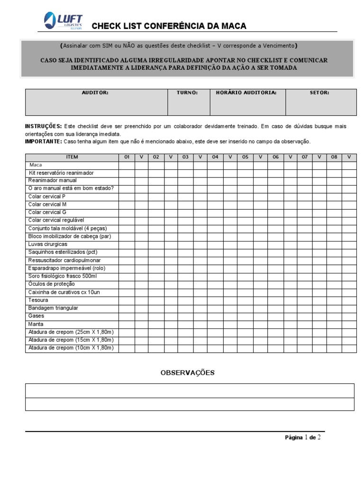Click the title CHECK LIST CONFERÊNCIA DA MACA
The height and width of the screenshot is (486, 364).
click(x=169, y=26)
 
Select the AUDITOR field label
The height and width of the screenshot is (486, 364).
click(x=95, y=93)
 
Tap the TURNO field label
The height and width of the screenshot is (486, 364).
click(x=187, y=93)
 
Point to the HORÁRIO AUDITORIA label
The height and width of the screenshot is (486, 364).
click(x=246, y=93)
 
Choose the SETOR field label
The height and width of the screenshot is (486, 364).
click(x=319, y=93)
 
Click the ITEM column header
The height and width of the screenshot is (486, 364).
click(x=73, y=157)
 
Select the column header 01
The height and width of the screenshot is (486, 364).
click(x=127, y=157)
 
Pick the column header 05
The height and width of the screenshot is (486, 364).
click(x=245, y=157)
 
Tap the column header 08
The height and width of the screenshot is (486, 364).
click(x=334, y=157)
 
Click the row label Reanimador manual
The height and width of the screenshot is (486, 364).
click(x=52, y=180)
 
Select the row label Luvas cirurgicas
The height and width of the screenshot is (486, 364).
click(x=48, y=244)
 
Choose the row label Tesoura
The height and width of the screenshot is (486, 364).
click(x=38, y=300)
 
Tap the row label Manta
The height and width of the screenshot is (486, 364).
click(x=36, y=324)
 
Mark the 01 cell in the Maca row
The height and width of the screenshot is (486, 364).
click(x=127, y=165)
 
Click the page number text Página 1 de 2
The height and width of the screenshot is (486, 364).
click(x=303, y=438)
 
